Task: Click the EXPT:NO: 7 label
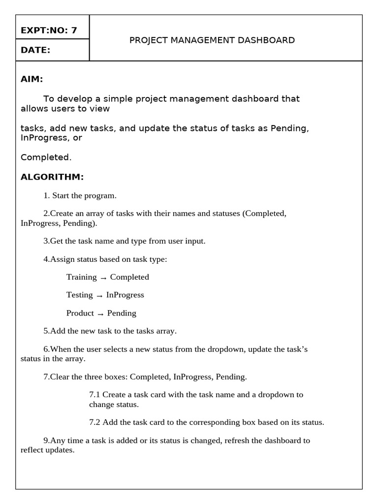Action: coord(49,31)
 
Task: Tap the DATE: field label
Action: coord(35,50)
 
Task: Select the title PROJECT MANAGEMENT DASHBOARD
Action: coord(212,40)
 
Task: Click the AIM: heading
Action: coord(32,79)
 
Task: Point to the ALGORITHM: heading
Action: coord(52,177)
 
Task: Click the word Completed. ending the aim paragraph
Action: coord(46,157)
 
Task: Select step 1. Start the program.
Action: coord(80,195)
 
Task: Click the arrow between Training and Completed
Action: coord(103,278)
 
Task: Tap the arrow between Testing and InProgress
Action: coord(99,295)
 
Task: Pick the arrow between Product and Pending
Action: coord(100,314)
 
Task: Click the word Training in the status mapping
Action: coord(81,277)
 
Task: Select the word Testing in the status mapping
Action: coord(79,295)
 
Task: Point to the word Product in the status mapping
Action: coord(80,313)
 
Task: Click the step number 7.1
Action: coord(94,395)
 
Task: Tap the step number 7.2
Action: coord(94,422)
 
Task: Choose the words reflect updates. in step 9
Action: coord(47,450)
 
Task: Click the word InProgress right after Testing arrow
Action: coord(125,295)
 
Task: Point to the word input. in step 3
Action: coord(195,241)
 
